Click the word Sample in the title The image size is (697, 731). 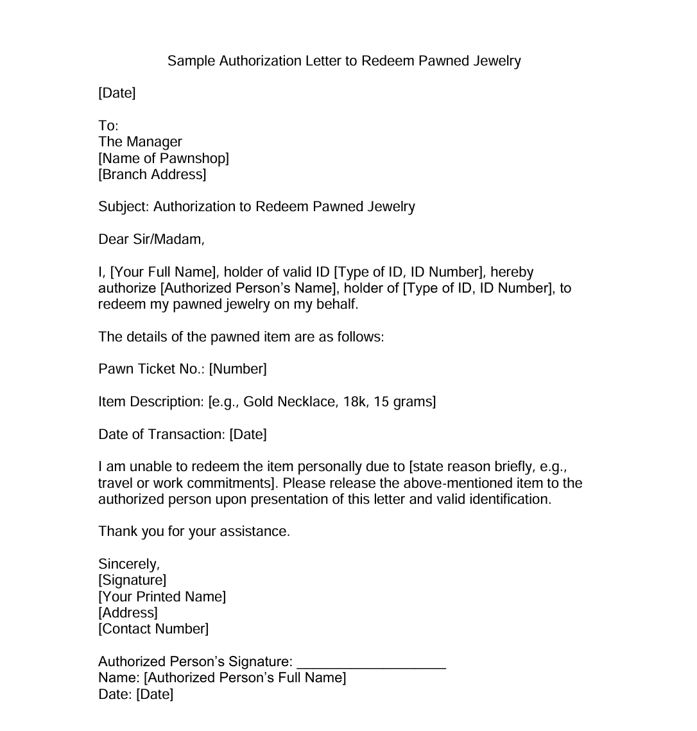pos(191,61)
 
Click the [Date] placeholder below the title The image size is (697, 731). pos(117,93)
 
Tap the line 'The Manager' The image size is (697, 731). pos(140,142)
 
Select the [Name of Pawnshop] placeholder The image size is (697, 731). pos(164,158)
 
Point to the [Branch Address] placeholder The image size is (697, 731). pos(152,175)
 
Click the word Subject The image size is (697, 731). pos(123,207)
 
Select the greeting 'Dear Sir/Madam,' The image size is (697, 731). pos(151,240)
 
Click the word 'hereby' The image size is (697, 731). pos(512,272)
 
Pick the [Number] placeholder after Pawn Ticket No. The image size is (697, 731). pos(237,369)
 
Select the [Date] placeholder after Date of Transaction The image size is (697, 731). pos(248,434)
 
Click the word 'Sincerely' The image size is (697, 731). pos(128,564)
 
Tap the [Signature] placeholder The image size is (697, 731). pos(132,580)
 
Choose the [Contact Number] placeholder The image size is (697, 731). pos(153,629)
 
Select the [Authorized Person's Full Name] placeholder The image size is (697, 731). pos(245,678)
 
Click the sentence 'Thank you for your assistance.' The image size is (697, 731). pos(194,531)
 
